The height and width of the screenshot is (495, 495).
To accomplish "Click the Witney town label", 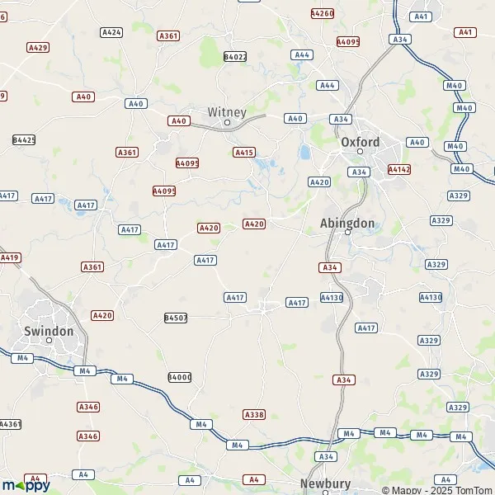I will [227, 111].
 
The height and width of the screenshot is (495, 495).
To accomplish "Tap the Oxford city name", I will [361, 142].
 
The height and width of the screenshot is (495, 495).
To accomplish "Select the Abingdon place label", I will [347, 223].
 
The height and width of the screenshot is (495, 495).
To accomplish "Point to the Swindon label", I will [49, 331].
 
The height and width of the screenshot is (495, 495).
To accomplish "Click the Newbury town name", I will [325, 483].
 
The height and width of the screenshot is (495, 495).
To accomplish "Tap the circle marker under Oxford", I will [361, 152].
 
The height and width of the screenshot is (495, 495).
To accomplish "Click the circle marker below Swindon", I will [49, 341].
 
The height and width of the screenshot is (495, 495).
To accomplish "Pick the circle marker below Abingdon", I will [347, 233].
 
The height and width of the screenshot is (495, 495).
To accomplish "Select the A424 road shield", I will [111, 32].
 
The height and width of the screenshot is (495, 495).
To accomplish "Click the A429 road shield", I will [38, 48].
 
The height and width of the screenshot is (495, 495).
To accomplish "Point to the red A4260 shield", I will [322, 13].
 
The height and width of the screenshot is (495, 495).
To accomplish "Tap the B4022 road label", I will [235, 57].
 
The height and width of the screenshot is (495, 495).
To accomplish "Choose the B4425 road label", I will [24, 140].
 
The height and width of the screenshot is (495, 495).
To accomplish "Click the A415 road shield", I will [244, 152].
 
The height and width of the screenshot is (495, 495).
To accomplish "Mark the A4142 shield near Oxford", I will [399, 169].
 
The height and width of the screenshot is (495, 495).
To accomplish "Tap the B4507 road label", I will [176, 318].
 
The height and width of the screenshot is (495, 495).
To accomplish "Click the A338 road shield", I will [254, 414].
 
